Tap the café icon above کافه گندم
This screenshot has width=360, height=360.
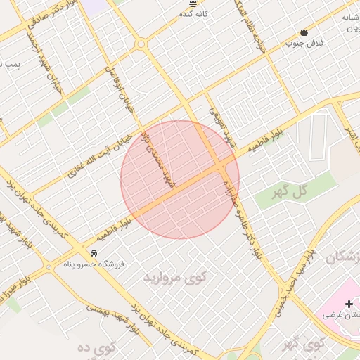[193, 4]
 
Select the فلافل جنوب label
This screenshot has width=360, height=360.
[303, 42]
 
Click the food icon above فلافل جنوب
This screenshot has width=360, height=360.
[304, 32]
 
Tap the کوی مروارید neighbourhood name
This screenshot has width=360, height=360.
[176, 277]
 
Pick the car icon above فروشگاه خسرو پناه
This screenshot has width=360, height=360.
[94, 253]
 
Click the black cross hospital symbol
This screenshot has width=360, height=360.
[349, 304]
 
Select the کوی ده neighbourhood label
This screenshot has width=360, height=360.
[91, 349]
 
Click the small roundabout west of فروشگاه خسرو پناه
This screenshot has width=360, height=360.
[48, 267]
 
